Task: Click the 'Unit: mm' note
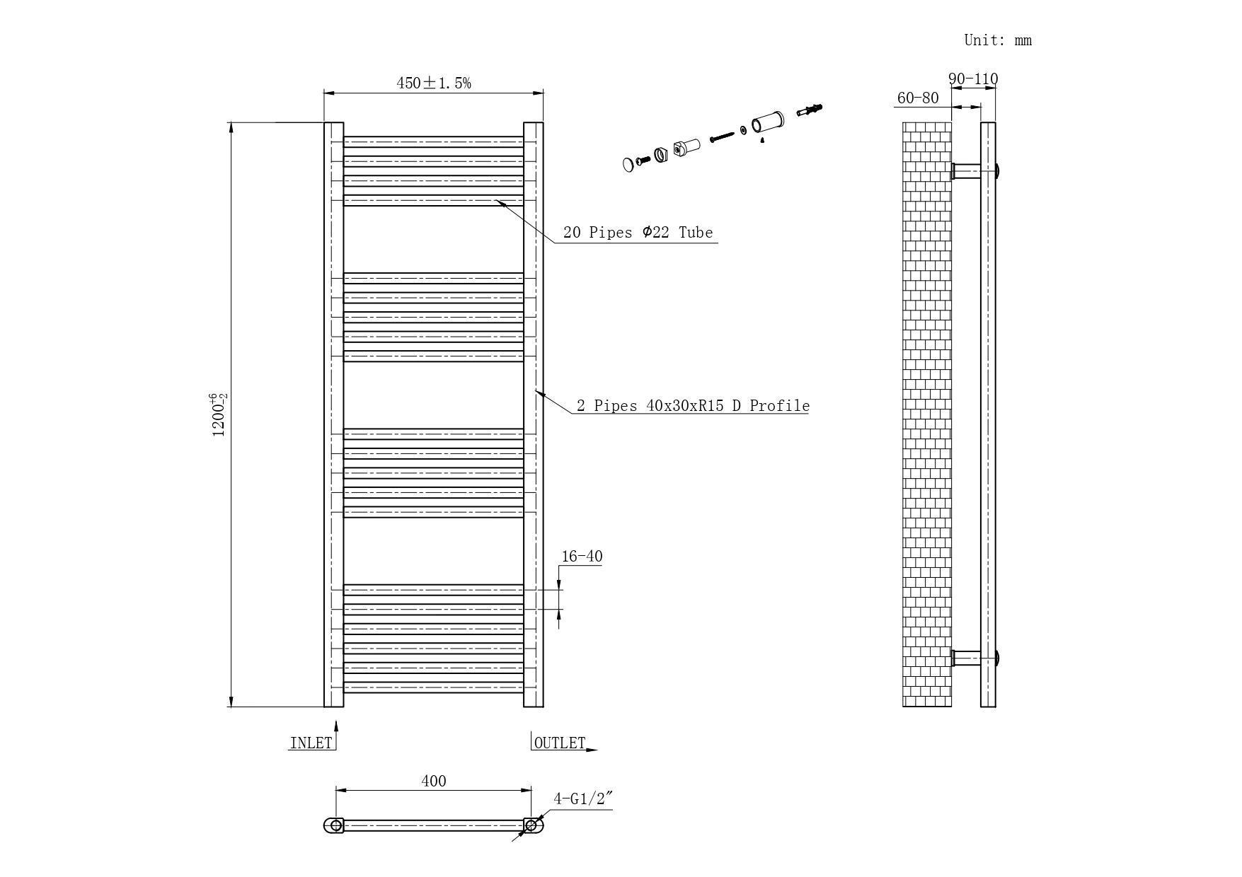998,40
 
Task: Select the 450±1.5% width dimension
433,83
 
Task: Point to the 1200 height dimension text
219,415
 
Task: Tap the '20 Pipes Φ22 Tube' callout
638,232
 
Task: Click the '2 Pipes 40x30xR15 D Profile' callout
692,406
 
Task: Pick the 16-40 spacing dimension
582,557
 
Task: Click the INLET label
311,743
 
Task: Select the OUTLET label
560,743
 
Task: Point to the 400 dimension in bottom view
434,781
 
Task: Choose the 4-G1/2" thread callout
582,799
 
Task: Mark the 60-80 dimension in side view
917,98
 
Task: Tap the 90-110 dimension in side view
973,79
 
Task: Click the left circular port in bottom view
336,825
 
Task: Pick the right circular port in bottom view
531,825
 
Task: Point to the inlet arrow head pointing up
336,726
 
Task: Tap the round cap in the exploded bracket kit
628,165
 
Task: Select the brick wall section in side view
927,414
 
